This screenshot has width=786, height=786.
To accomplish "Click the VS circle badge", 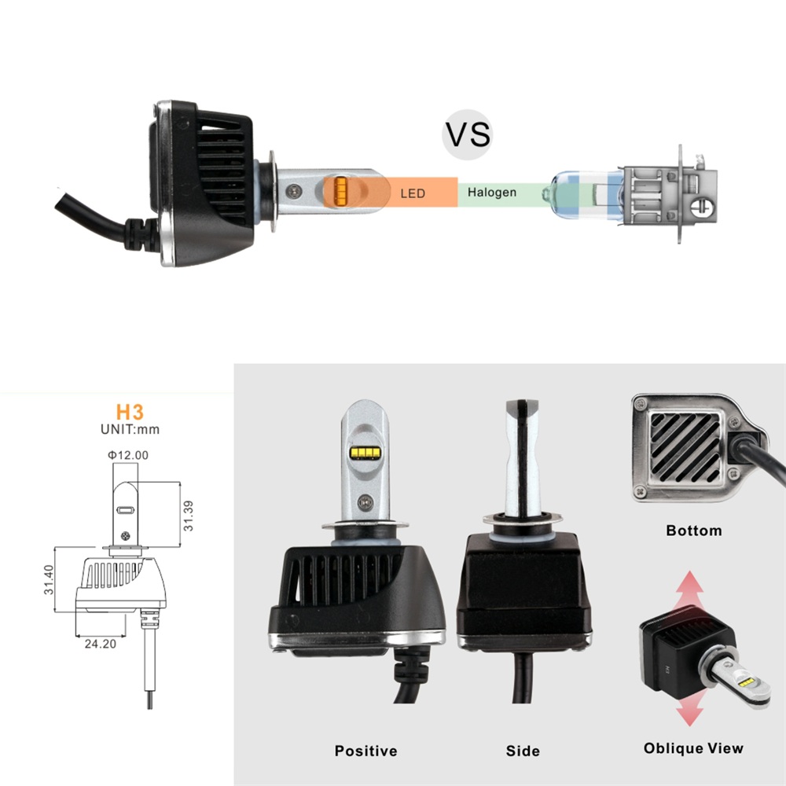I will tap(468, 134).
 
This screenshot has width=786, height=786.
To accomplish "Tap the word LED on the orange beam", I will tap(413, 193).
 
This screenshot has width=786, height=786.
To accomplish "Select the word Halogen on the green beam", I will tap(492, 192).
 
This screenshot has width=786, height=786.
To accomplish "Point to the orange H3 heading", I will tap(130, 411).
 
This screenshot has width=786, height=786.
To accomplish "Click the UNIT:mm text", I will tap(130, 429).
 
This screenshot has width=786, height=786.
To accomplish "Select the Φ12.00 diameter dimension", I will tap(129, 454).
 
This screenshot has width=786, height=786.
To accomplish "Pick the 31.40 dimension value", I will tap(48, 580).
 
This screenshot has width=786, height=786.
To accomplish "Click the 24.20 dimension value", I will tap(101, 643).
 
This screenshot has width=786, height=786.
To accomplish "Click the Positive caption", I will tap(366, 751).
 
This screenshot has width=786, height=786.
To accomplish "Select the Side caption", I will tap(523, 751).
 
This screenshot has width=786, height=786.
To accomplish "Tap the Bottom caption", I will tap(693, 531).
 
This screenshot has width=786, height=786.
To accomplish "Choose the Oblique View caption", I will tap(693, 748).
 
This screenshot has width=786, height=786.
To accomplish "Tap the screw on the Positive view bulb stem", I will tap(364, 500).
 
